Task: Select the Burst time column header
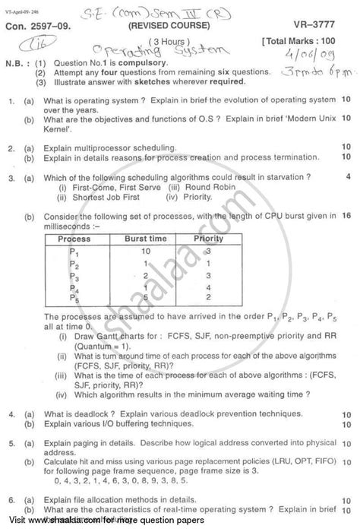point(144,238)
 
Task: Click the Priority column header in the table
point(209,238)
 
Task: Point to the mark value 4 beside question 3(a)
point(347,176)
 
